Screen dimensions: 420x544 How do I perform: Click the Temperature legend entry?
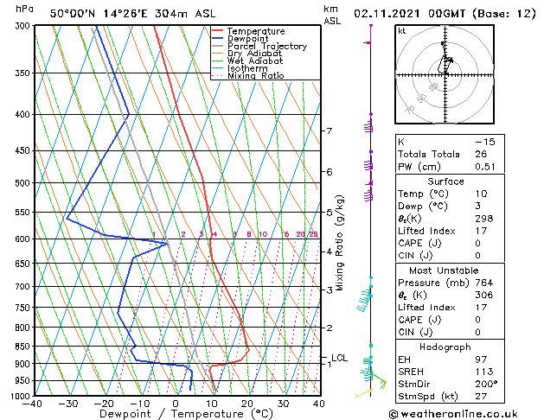[x=254, y=31]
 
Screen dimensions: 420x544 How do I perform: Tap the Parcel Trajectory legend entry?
[x=266, y=47]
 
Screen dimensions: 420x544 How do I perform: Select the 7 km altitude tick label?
[x=329, y=131]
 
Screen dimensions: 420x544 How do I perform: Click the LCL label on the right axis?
[x=339, y=358]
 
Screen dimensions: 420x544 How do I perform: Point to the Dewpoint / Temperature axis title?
[x=176, y=415]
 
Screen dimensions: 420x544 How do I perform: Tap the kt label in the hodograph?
[x=401, y=31]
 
